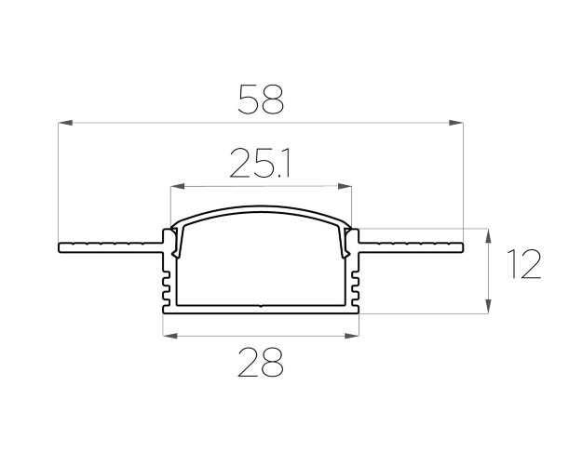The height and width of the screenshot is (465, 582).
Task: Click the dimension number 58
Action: coord(261,99)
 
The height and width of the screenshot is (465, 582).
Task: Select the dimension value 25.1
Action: coord(260,163)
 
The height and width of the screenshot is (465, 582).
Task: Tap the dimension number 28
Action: coord(261,363)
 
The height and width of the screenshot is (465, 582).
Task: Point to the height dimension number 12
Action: coord(524,264)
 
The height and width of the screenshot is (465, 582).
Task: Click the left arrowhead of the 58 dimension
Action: coord(65,123)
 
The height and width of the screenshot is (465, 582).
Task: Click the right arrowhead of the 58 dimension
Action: coord(455,123)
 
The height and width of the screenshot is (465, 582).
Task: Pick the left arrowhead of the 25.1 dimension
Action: coord(177,186)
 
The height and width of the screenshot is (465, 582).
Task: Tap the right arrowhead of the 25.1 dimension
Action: coord(345,186)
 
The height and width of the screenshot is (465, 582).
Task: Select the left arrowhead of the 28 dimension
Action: coord(170,336)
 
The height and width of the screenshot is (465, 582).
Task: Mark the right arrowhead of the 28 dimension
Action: coord(352,336)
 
